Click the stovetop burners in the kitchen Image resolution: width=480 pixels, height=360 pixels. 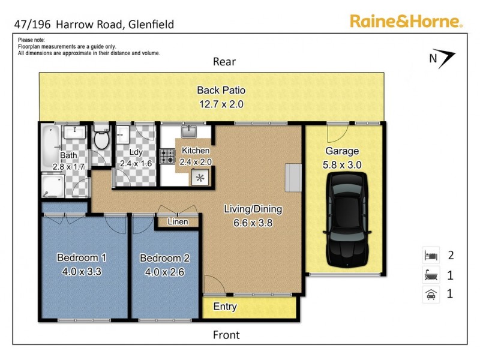[167, 157]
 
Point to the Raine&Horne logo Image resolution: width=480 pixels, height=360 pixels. [406, 22]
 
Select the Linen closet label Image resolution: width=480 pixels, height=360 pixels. [178, 222]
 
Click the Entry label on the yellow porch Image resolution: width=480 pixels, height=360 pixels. [225, 307]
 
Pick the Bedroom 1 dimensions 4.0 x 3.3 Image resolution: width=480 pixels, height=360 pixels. [82, 271]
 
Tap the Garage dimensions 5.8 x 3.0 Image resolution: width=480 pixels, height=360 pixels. [341, 164]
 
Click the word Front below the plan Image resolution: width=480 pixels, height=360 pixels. [226, 335]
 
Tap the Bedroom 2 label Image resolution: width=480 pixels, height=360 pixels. [165, 259]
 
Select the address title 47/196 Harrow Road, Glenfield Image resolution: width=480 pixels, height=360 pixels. [94, 25]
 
